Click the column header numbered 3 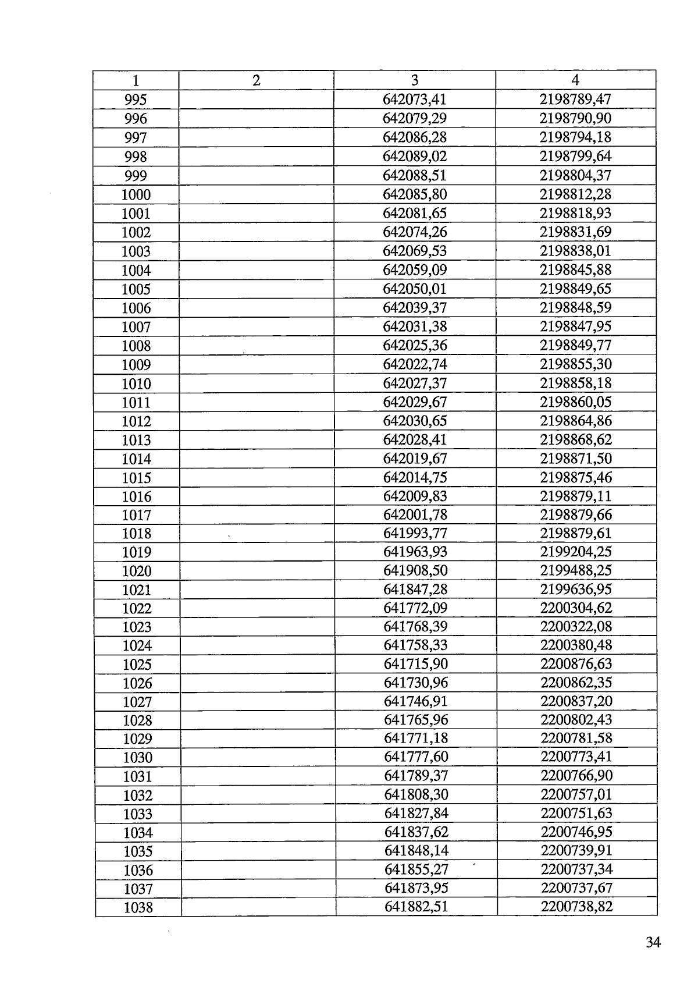click(x=414, y=80)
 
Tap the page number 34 click(x=653, y=942)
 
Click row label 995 click(x=136, y=100)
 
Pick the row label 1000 click(x=136, y=195)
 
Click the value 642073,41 click(x=414, y=100)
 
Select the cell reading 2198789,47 click(x=575, y=100)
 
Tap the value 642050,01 click(x=414, y=289)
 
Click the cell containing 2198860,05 click(x=575, y=402)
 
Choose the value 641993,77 click(x=415, y=534)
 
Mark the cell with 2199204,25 click(x=576, y=552)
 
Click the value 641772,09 click(x=415, y=608)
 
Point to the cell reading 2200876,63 click(x=576, y=664)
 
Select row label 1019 click(x=137, y=552)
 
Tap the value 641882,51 click(x=416, y=907)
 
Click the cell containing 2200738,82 click(x=577, y=907)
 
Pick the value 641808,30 click(x=416, y=794)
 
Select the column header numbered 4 click(x=575, y=80)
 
